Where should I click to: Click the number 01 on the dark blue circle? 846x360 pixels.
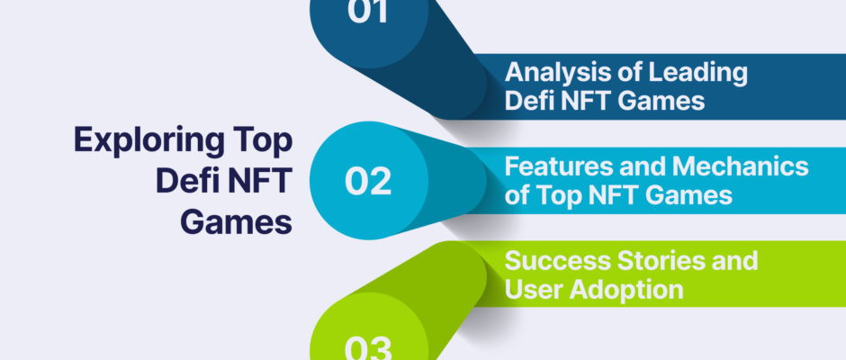368,11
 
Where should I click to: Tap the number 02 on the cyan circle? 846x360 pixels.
368,182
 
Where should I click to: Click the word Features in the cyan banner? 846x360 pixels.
553,166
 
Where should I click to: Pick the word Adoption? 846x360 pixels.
627,290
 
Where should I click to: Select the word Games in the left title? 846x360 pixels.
237,221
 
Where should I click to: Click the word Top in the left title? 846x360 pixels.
264,142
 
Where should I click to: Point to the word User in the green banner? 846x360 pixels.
534,290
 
